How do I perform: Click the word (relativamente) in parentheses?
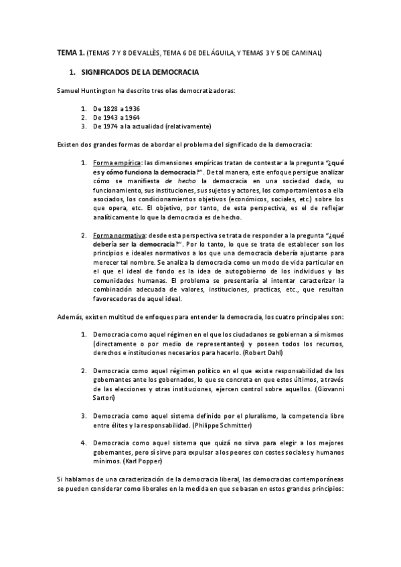pyautogui.click(x=190, y=126)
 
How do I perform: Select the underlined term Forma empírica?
pyautogui.click(x=117, y=162)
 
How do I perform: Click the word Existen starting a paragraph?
pyautogui.click(x=70, y=144)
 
